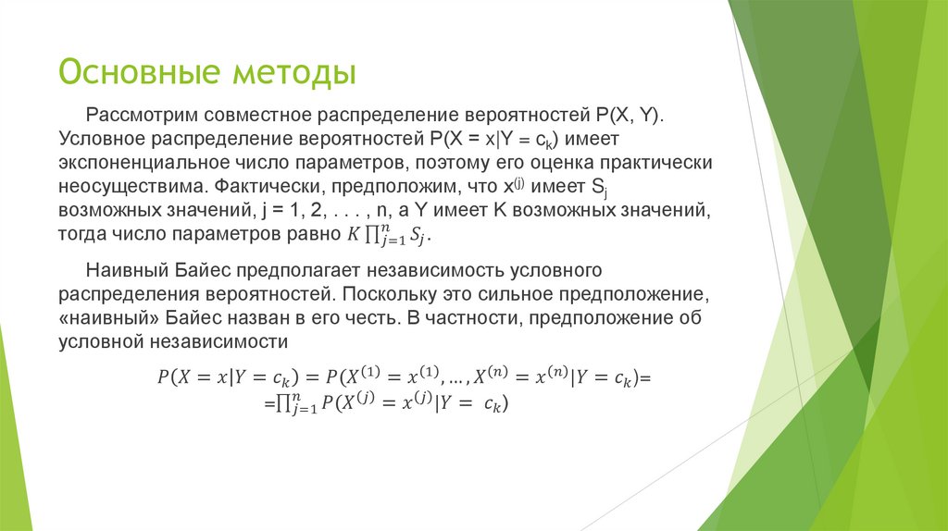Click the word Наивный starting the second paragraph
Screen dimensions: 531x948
(127, 272)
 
